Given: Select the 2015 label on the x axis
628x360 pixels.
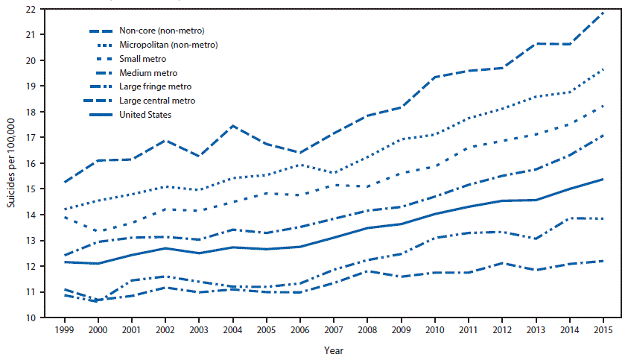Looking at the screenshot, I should (x=602, y=329).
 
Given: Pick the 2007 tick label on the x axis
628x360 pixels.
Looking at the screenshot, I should (x=334, y=329).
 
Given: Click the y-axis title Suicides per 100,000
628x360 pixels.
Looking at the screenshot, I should (x=10, y=164).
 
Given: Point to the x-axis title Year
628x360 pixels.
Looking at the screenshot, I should (x=334, y=349).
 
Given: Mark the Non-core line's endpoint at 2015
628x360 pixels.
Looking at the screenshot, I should (x=602, y=13).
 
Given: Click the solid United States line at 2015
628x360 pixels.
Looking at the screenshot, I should (x=602, y=179).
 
